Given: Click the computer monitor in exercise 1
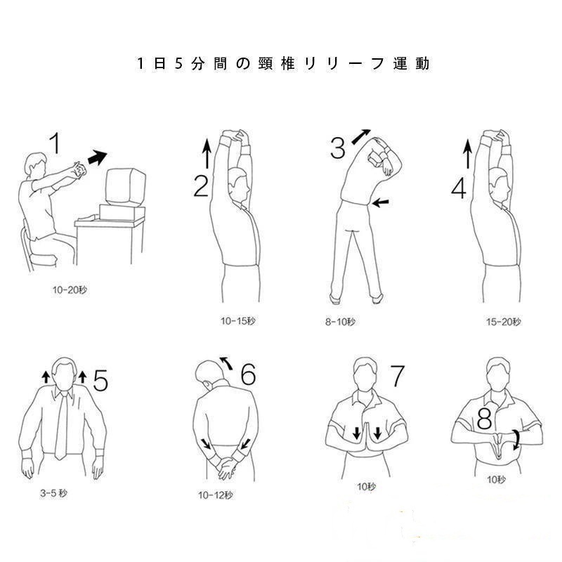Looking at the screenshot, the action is [x=126, y=187].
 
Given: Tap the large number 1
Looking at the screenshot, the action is [x=55, y=143].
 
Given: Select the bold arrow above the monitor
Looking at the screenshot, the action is [x=97, y=157].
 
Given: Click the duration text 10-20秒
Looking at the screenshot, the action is [x=70, y=289].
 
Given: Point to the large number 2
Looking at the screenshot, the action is [x=201, y=186].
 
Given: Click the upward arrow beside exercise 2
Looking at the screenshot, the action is [x=207, y=154].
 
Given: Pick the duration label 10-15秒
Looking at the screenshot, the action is [x=237, y=321].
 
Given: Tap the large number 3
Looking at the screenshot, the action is [x=338, y=148].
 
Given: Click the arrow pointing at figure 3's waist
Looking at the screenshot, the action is [x=380, y=203].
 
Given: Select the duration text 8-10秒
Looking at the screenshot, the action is [x=340, y=322].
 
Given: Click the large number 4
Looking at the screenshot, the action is [x=459, y=188].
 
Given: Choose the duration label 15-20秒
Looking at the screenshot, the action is [x=503, y=322].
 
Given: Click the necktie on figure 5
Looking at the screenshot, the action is [x=61, y=426].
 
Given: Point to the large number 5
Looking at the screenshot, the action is [x=100, y=380].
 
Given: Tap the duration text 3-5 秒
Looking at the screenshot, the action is [x=53, y=493].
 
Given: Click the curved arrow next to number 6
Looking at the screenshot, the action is [x=226, y=362].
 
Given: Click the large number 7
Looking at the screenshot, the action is [x=397, y=376].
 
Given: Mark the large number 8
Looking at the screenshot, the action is [x=484, y=419].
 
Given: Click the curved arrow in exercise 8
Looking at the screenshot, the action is [x=516, y=440].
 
